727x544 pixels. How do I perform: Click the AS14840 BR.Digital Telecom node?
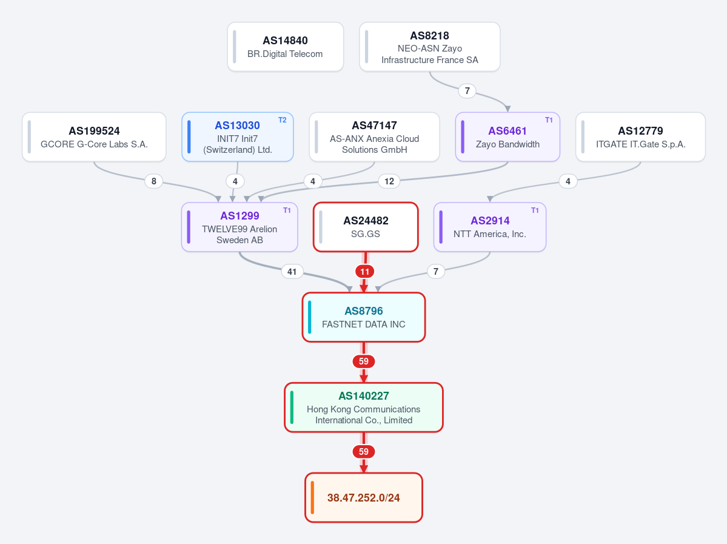(285, 47)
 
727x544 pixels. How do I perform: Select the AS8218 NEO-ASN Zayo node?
(430, 47)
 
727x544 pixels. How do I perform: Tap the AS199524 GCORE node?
(94, 137)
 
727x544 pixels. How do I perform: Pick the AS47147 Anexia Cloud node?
(374, 137)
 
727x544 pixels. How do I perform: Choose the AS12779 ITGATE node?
(640, 137)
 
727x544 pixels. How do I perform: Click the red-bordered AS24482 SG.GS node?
(366, 227)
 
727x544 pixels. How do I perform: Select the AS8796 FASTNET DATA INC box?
(364, 317)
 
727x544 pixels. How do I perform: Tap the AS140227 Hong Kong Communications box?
(364, 408)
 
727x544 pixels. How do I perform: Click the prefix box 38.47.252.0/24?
(364, 498)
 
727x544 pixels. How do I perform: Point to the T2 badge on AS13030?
(283, 120)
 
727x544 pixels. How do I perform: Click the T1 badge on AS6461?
(549, 120)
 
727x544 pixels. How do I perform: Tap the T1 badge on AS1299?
(287, 210)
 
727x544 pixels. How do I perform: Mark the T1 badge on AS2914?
(535, 210)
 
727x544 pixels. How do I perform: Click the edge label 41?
(292, 271)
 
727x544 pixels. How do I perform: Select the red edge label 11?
(365, 271)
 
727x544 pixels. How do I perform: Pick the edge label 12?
(389, 181)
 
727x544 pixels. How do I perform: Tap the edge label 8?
(154, 181)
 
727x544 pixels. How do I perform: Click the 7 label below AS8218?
(467, 91)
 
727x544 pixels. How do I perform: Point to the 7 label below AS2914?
(436, 271)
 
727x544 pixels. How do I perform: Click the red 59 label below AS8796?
(364, 361)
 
